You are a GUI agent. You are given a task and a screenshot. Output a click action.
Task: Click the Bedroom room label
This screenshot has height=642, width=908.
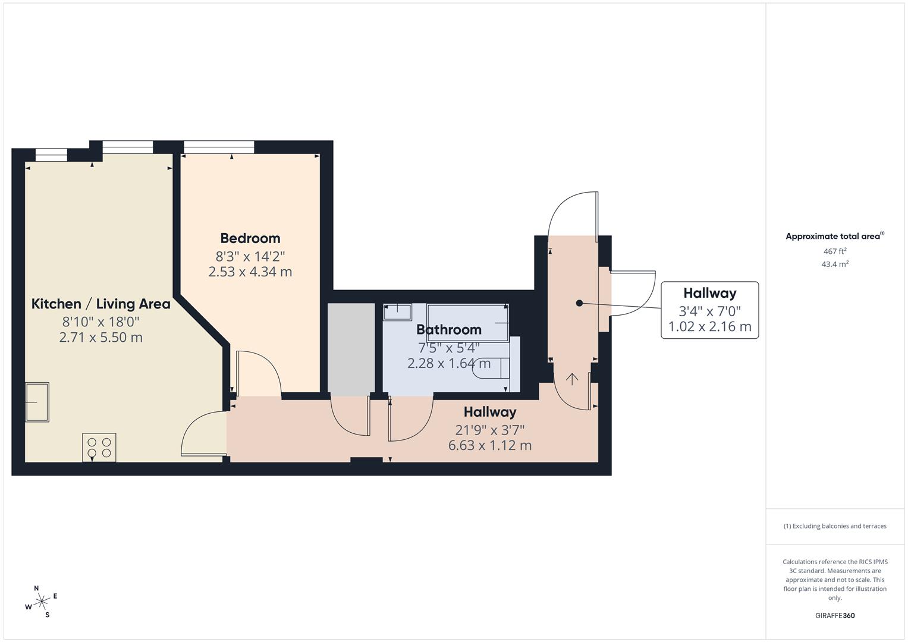pyautogui.click(x=250, y=238)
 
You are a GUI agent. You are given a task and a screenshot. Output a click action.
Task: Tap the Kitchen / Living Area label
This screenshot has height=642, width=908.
pyautogui.click(x=100, y=304)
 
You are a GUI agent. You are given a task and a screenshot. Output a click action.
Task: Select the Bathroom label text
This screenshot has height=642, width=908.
pyautogui.click(x=448, y=329)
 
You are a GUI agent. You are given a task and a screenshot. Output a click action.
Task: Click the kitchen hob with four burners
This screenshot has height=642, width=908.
pyautogui.click(x=99, y=448)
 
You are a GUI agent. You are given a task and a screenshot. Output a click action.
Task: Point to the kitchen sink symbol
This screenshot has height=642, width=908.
pyautogui.click(x=37, y=402)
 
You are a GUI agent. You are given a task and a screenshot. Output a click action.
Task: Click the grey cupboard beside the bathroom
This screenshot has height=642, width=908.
pyautogui.click(x=351, y=348)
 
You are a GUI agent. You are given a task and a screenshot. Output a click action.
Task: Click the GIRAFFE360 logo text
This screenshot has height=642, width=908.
pyautogui.click(x=834, y=616)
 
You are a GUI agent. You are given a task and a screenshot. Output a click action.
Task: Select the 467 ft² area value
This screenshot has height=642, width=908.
pyautogui.click(x=834, y=251)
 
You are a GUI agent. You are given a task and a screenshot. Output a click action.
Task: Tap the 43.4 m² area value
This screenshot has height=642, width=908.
pyautogui.click(x=834, y=265)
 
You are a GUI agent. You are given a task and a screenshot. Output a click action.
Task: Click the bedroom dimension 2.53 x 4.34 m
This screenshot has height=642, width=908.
pyautogui.click(x=250, y=272)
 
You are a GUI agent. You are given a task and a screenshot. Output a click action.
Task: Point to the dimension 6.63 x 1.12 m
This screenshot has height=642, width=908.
pyautogui.click(x=489, y=445)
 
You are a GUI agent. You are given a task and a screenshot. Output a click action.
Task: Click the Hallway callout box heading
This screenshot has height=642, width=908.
pyautogui.click(x=709, y=293)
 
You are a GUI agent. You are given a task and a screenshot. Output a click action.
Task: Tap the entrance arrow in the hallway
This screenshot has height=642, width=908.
pyautogui.click(x=572, y=379)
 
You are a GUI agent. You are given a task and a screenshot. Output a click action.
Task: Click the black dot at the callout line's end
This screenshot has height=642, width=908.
pyautogui.click(x=579, y=303)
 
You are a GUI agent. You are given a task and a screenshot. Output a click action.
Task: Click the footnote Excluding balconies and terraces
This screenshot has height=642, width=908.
pyautogui.click(x=834, y=526)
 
